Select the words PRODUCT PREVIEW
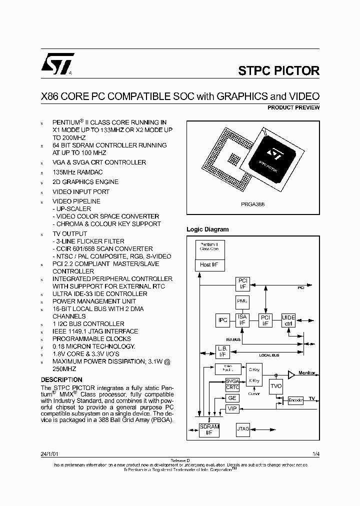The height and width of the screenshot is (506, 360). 293,107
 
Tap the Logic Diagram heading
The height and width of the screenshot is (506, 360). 207,229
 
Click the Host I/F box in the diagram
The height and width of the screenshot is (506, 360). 205,264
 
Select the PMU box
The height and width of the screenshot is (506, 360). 242,301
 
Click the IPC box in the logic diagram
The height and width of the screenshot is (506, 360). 223,319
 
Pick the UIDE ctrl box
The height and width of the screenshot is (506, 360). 288,320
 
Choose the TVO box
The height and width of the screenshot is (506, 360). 276,385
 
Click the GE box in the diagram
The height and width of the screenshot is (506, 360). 232,398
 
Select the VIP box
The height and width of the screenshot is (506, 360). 232,408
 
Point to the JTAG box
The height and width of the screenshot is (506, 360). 243,428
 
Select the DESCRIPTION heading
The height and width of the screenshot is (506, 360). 61,380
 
